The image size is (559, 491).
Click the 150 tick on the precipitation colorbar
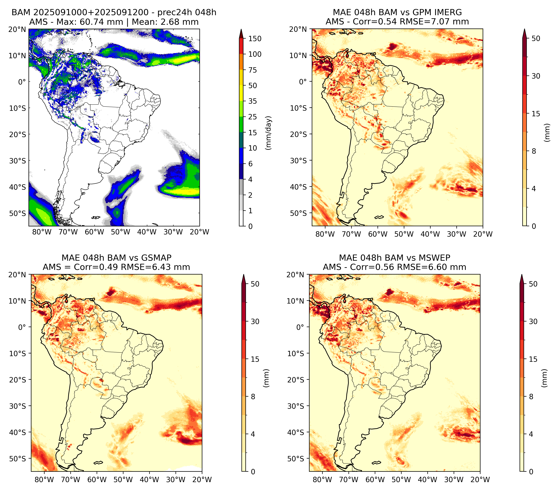point(255,39)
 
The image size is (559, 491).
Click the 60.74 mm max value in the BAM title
point(101,22)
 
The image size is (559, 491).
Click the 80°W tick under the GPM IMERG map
point(325,234)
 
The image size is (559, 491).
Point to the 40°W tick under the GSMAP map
point(149,480)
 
